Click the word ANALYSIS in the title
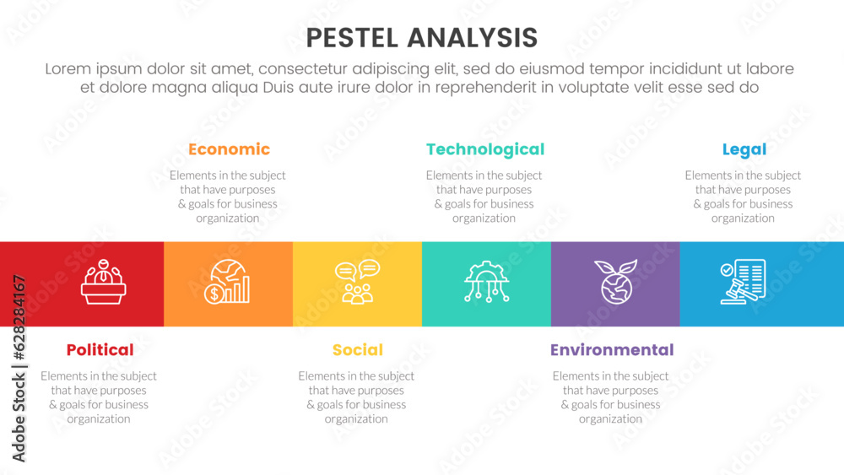472,38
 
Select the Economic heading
229,149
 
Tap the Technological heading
485,149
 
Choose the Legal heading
744,149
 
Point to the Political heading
100,349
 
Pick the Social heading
357,349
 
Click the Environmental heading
611,349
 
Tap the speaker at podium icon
103,282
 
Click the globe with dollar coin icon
227,282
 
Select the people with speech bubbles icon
357,282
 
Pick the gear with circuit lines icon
487,282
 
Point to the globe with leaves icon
616,282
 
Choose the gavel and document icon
744,282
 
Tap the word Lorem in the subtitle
68,69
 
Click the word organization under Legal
743,218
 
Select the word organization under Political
99,418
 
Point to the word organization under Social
356,418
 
